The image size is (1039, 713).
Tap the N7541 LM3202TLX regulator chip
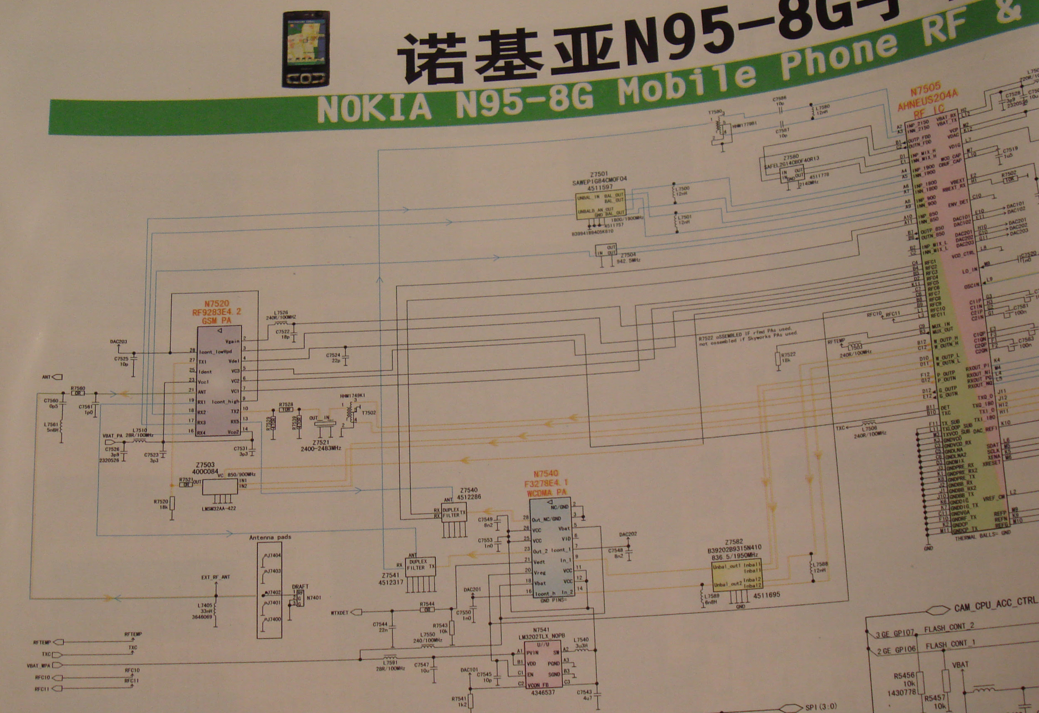(x=543, y=664)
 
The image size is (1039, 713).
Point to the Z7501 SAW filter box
(x=600, y=205)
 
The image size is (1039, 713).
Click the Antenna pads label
(x=270, y=537)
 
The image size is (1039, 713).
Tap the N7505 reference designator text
(x=925, y=91)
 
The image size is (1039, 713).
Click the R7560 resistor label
(x=78, y=388)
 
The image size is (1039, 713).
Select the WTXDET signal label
(x=339, y=612)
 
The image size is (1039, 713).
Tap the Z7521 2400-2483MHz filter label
(x=321, y=445)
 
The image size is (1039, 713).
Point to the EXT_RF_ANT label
(x=216, y=577)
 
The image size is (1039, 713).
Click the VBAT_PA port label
(x=113, y=435)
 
